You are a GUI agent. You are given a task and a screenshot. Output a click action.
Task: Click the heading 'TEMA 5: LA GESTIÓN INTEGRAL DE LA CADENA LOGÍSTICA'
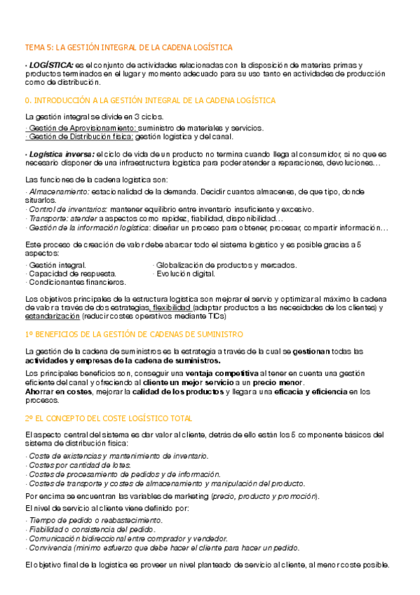coord(128,48)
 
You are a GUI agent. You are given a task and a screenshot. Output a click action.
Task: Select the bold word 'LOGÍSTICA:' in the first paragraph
coord(50,65)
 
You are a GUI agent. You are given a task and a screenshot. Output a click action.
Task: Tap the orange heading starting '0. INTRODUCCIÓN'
coord(150,100)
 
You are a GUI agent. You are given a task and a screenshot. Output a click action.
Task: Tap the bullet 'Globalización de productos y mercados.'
coord(226,265)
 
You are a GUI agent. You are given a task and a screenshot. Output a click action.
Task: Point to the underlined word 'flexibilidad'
coord(171,307)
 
